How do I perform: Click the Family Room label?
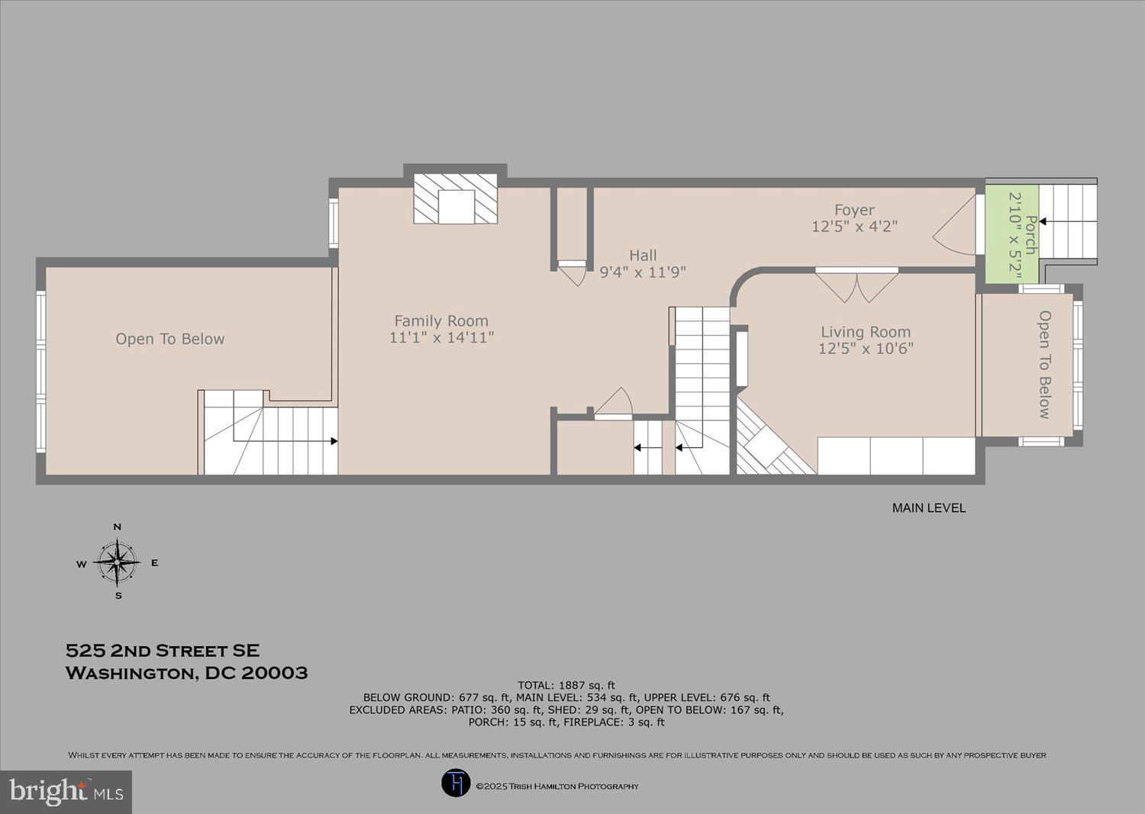[x=441, y=321]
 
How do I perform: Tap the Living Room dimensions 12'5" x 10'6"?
[x=866, y=349]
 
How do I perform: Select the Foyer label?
[x=854, y=210]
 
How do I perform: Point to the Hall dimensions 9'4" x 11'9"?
[x=643, y=272]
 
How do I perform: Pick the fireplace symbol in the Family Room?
[x=456, y=199]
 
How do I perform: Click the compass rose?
[x=118, y=563]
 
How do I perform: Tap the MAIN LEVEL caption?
[x=928, y=508]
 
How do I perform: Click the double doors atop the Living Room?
[x=856, y=285]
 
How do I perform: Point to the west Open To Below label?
[x=170, y=339]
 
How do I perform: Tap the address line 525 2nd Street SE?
[x=163, y=651]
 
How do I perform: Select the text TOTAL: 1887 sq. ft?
[x=566, y=685]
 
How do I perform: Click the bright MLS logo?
[x=66, y=791]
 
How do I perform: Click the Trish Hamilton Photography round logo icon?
[x=456, y=783]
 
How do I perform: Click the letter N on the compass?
[x=118, y=527]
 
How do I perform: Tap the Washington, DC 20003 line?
[x=187, y=673]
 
